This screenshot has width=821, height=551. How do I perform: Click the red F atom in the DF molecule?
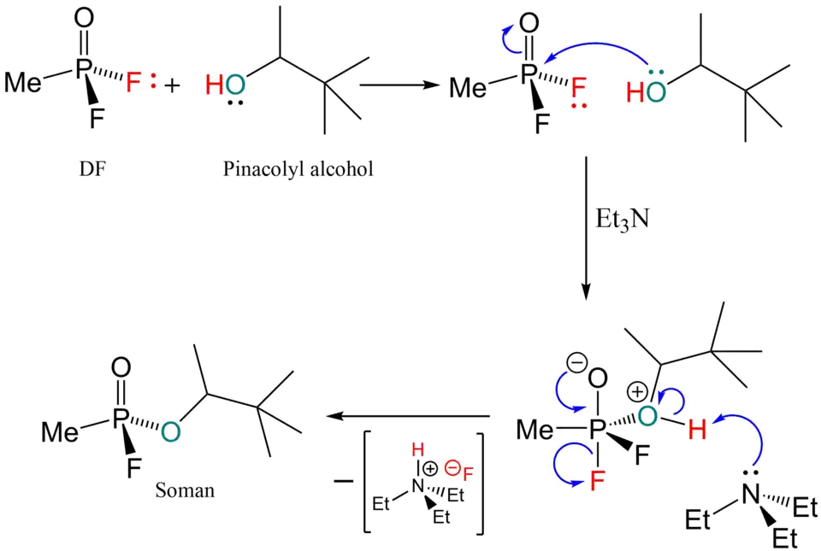133,83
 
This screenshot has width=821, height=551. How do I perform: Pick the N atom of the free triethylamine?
751,493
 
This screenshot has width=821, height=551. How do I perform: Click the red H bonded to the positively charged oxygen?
697,431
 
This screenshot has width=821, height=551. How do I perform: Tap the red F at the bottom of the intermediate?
595,483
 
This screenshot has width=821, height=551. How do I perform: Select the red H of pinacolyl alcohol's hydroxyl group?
214,84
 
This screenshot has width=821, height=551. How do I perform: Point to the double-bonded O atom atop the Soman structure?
121,369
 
